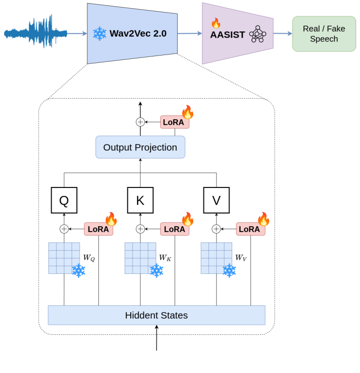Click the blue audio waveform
point(35,33)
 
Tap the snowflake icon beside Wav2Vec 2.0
point(99,33)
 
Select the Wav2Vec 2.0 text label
point(138,33)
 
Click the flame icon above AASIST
point(216,23)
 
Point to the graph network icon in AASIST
point(257,34)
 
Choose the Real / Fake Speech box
point(324,34)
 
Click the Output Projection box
point(140,147)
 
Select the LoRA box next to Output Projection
point(174,122)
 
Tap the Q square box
point(64,200)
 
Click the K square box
point(140,200)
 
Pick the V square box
point(216,200)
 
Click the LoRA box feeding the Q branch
point(98,229)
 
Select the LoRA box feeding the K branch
point(174,229)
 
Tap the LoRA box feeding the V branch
point(250,229)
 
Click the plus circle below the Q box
point(64,229)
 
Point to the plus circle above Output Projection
point(140,122)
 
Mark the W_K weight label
point(165,258)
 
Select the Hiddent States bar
point(156,316)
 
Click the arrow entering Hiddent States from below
point(156,338)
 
